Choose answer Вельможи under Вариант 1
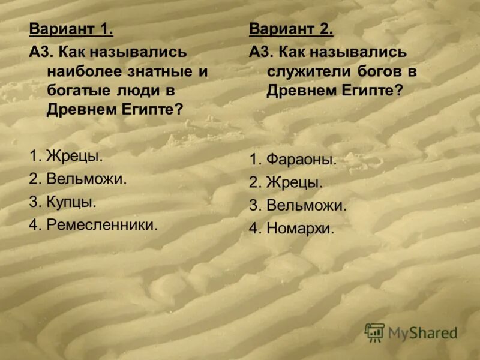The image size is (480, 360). tap(87, 179)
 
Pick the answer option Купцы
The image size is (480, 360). tap(71, 202)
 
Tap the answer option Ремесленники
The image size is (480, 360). tap(102, 225)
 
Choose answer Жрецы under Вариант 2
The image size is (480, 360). tap(295, 182)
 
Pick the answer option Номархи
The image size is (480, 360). tap(301, 228)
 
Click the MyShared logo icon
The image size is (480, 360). tap(375, 332)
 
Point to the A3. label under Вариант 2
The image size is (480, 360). tap(261, 51)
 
